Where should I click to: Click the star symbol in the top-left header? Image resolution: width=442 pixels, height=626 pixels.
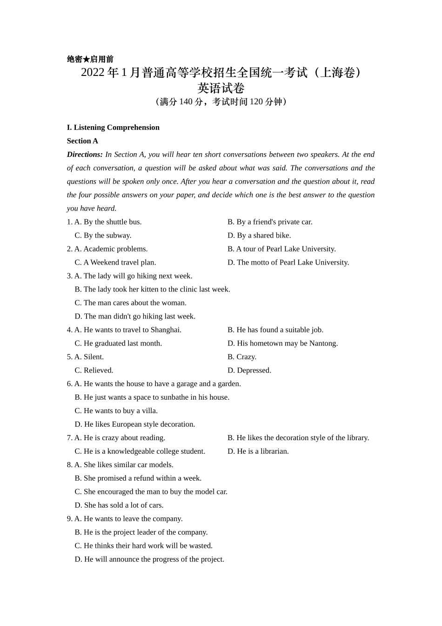tap(86, 59)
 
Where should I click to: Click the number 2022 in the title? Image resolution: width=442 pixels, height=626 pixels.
tap(93, 73)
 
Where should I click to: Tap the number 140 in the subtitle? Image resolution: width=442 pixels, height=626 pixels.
tap(186, 102)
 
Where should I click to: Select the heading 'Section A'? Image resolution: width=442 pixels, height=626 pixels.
tap(82, 141)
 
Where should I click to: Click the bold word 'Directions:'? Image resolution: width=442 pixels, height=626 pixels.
tap(85, 154)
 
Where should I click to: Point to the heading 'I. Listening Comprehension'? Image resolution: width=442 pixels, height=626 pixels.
tap(113, 127)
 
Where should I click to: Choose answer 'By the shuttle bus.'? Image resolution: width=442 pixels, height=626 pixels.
tap(112, 222)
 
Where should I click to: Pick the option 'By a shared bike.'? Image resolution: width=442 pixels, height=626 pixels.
tap(264, 235)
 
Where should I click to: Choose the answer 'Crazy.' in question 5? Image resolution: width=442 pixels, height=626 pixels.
tap(247, 357)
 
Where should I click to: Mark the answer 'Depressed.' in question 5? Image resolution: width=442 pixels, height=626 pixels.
tap(254, 370)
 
